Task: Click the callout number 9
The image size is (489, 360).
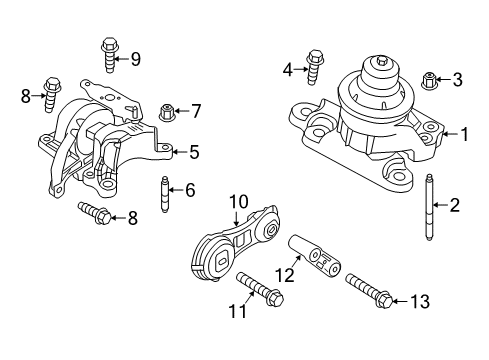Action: tap(135, 59)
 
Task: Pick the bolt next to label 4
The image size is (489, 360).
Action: tap(316, 68)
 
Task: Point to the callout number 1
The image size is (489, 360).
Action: tap(462, 132)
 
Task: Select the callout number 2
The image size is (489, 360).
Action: tap(455, 206)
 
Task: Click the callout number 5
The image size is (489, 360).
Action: tap(195, 153)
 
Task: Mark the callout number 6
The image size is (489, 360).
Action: tap(190, 189)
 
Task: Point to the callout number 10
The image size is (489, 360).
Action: tap(239, 202)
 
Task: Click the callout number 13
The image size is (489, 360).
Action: tap(417, 300)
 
